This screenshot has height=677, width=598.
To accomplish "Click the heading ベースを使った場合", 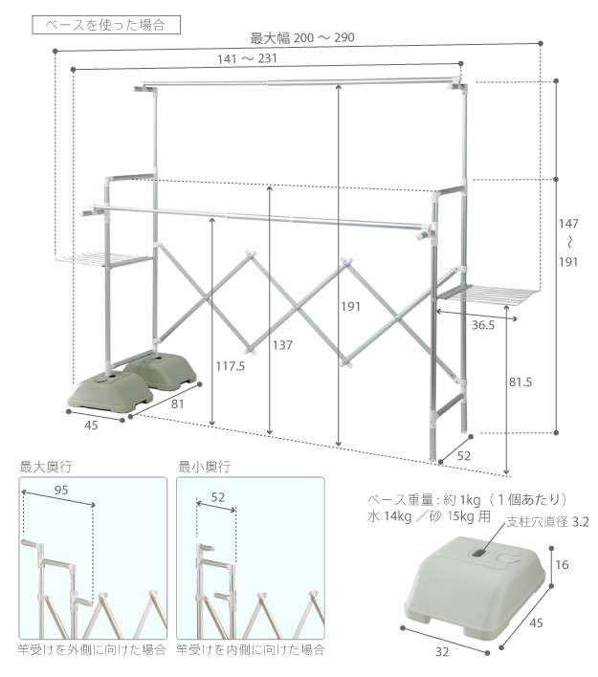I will coord(105,25).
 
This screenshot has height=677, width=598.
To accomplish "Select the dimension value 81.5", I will coord(520,382).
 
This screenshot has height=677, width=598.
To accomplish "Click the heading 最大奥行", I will coord(45,468).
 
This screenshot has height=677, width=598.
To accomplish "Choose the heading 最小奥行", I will coord(204,468).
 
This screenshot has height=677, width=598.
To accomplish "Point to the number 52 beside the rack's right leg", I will coord(463,456).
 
